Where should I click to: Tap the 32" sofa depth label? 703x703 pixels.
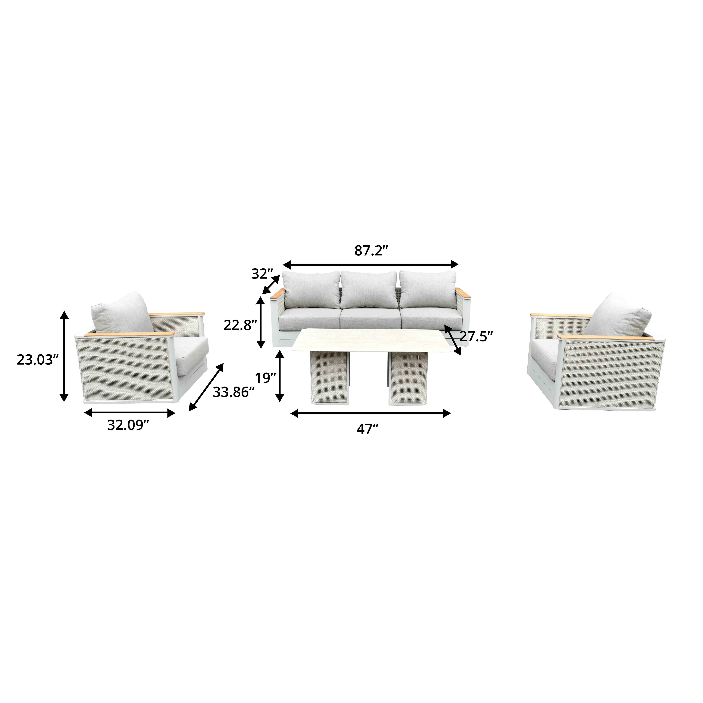[262, 274]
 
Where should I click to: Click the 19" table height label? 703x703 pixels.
[265, 378]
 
